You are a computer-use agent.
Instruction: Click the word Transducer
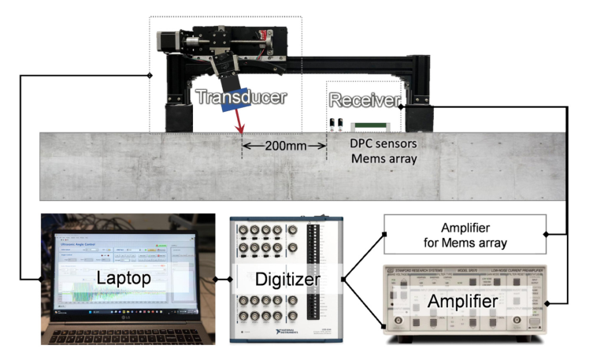click(240, 97)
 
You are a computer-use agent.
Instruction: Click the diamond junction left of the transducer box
click(150, 75)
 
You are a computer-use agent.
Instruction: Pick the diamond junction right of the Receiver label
click(402, 106)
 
